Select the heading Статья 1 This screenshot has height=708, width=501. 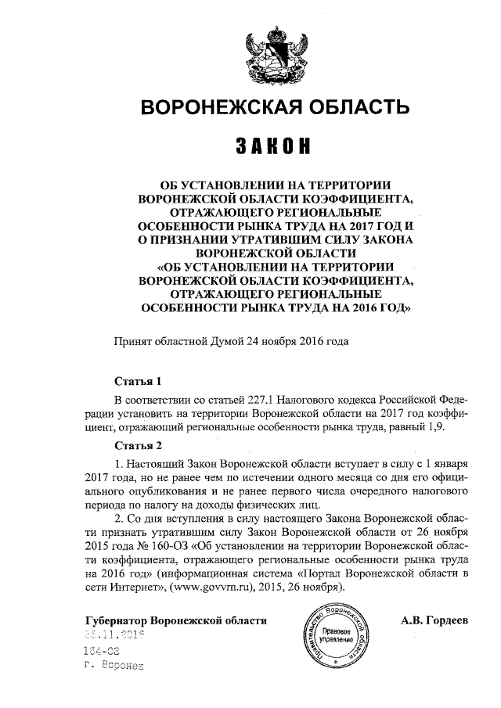tap(138, 383)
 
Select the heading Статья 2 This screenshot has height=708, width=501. tap(138, 447)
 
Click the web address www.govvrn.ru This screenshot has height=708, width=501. tap(211, 587)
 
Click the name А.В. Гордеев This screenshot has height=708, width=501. tap(434, 621)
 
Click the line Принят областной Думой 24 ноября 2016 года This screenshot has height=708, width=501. tap(228, 342)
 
